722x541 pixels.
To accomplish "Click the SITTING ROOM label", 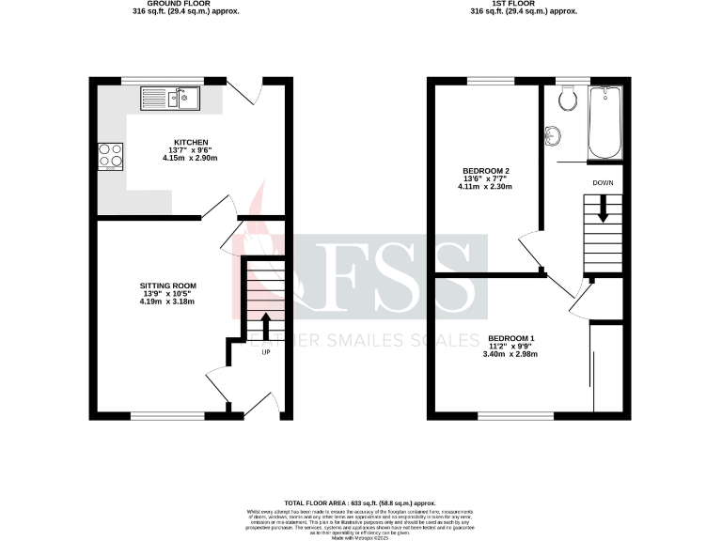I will pyautogui.click(x=168, y=285).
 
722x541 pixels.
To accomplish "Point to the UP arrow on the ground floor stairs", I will pyautogui.click(x=265, y=325).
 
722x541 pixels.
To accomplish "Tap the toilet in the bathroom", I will pyautogui.click(x=566, y=99).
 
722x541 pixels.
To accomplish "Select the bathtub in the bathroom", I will pyautogui.click(x=602, y=123).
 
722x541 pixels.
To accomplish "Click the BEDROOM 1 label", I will pyautogui.click(x=512, y=338).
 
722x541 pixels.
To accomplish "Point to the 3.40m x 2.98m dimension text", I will pyautogui.click(x=512, y=355).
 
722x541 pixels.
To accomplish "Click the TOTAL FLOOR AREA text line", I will pyautogui.click(x=360, y=503).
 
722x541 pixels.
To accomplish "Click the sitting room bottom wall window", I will pyautogui.click(x=167, y=415).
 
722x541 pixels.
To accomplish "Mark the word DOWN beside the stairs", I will pyautogui.click(x=603, y=182).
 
